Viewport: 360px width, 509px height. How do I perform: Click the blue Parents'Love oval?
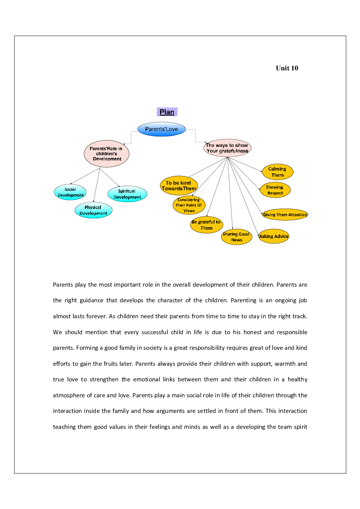point(161,129)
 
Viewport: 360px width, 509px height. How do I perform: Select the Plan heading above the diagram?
point(167,112)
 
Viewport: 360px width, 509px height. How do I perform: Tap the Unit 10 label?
point(287,68)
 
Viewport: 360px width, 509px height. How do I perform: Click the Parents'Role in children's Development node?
point(106,154)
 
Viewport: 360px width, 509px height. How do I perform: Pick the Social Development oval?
point(70,192)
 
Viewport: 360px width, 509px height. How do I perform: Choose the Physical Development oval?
point(93,210)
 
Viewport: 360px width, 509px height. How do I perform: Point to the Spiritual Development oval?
point(127,194)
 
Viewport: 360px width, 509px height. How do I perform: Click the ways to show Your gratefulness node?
point(227,148)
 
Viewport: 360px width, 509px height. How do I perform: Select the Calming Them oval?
point(277,172)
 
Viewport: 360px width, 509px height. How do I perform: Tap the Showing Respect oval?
point(275,190)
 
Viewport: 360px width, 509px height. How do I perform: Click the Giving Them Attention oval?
point(285,215)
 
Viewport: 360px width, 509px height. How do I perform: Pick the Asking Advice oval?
point(274,237)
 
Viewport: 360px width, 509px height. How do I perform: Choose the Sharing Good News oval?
point(236,237)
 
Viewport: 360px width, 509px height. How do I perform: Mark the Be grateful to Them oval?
point(206,225)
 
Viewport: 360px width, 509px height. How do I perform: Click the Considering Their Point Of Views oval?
point(189,205)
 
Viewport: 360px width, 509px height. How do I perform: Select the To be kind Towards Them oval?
point(179,186)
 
